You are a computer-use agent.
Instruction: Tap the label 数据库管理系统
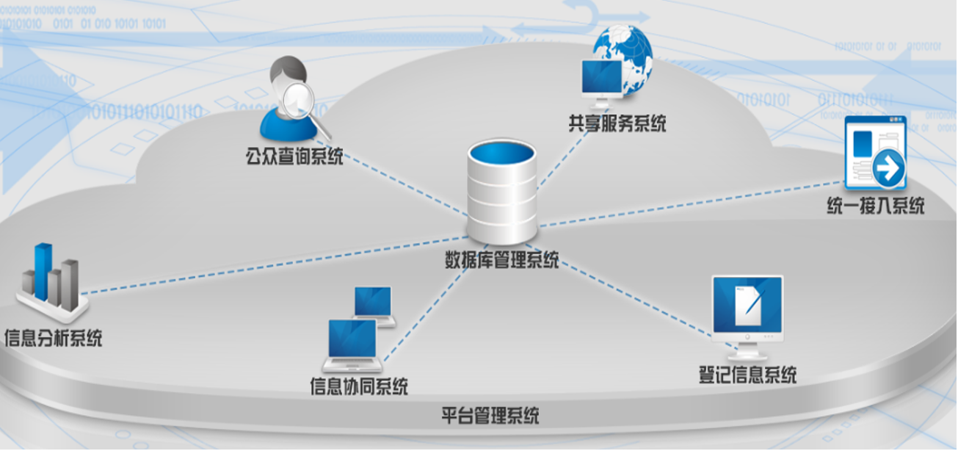(502, 260)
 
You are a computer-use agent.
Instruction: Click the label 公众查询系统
(294, 156)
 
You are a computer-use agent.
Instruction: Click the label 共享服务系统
(617, 123)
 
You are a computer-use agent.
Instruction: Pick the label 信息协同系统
(359, 385)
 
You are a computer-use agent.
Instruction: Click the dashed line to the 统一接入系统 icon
(697, 203)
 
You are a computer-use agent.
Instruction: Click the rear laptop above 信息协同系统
(374, 302)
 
